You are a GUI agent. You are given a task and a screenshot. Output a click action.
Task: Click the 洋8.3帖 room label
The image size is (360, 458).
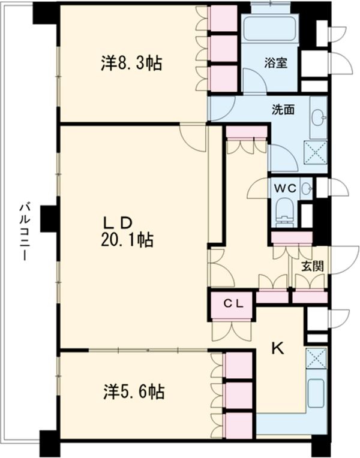[131, 64]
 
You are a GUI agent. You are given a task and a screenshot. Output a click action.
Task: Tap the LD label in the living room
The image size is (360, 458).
[119, 222]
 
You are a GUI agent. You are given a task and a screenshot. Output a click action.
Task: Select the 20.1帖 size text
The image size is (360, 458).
[127, 240]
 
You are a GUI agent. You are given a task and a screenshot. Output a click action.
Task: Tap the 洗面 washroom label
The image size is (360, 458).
[283, 110]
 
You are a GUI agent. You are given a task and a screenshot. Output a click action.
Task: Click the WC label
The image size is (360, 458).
[285, 188]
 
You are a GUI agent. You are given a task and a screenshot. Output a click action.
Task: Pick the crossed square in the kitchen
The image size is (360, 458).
[316, 358]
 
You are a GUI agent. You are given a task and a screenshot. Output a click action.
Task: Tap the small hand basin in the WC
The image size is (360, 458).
[307, 189]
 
